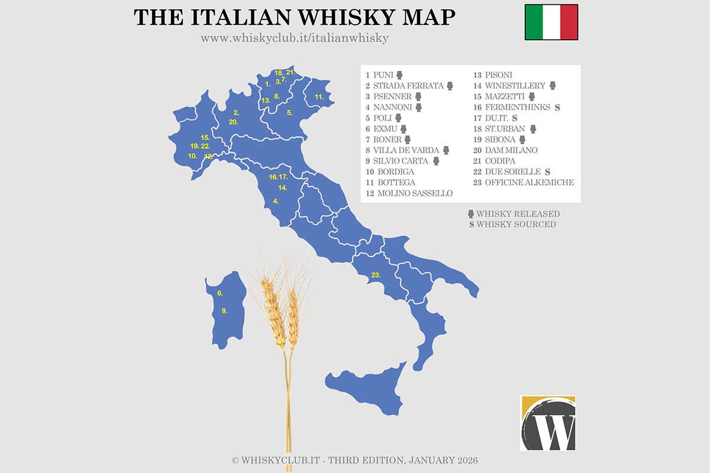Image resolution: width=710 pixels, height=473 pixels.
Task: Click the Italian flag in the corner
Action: pos(551,22)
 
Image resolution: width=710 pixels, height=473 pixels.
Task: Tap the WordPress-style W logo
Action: pos(548,423)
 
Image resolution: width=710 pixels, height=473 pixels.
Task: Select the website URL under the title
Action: pos(295,38)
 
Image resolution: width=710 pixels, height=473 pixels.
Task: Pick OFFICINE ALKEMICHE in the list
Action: pos(529,182)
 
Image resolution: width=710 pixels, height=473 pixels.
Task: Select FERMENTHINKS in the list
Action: pos(515,107)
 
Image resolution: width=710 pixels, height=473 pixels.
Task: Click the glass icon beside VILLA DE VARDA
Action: pos(446,150)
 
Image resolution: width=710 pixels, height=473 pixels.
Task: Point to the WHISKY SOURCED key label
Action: pos(516,224)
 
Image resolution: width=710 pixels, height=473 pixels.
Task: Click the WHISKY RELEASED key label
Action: pos(518,213)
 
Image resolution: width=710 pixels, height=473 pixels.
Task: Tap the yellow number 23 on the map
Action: pos(375,275)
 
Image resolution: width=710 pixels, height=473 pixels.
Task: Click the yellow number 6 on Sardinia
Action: pos(220,293)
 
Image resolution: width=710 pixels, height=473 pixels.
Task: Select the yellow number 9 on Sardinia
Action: pos(224,310)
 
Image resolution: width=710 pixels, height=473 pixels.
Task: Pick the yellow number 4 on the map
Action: pos(276,201)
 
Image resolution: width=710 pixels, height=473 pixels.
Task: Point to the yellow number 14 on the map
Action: pos(283,188)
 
